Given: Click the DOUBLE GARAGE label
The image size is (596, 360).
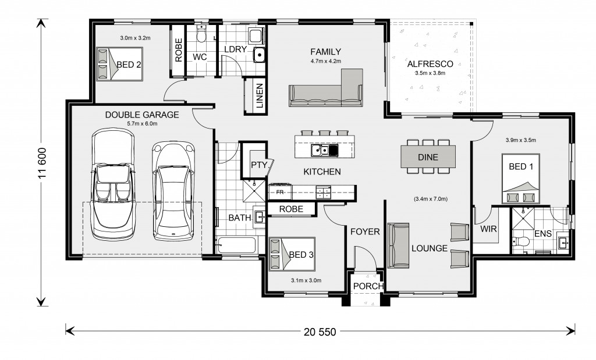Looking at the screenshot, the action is (x=142, y=115).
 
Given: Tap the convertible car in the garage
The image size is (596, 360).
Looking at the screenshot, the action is (x=113, y=184).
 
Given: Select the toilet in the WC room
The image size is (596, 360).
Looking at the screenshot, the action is (x=201, y=34).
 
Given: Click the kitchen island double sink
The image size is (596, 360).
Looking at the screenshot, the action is (x=324, y=151).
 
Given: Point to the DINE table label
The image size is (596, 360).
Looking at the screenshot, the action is (x=428, y=157).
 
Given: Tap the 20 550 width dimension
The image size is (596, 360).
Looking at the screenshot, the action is (x=320, y=332).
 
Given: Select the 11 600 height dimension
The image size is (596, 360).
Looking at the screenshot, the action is (x=42, y=162).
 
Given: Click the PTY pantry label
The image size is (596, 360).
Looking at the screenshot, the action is (x=259, y=165).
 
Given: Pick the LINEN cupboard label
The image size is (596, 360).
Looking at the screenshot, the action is (x=260, y=96).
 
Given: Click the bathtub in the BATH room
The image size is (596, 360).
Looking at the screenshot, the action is (x=236, y=245).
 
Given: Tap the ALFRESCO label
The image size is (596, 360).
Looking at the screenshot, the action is (x=430, y=64).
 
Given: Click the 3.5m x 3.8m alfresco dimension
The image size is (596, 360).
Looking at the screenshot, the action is (x=430, y=73).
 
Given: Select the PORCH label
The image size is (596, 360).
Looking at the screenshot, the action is (x=368, y=286).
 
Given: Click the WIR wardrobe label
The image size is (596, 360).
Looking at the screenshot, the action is (x=488, y=229).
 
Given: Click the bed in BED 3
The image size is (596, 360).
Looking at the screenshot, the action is (x=292, y=254).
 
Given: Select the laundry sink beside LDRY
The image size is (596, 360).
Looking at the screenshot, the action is (x=259, y=55).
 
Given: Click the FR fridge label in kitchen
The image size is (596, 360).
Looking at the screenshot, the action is (x=280, y=192).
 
